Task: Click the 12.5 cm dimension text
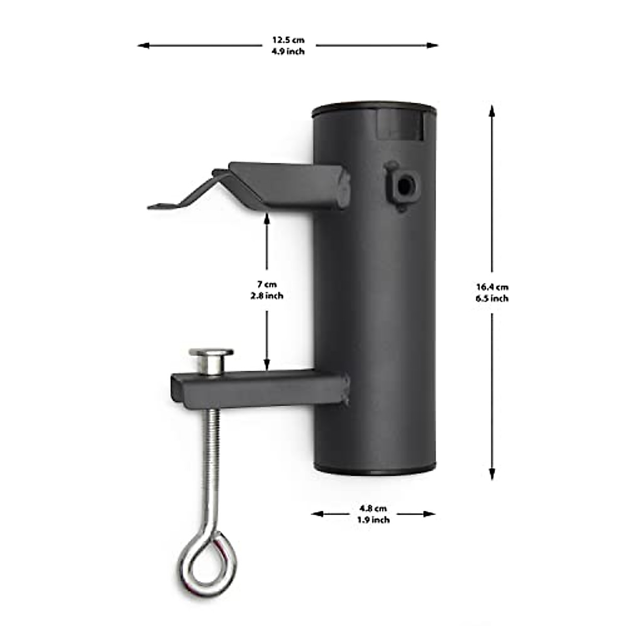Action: (x=287, y=40)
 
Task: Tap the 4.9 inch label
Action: (x=287, y=51)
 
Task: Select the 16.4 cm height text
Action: (x=491, y=286)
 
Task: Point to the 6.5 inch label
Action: (x=491, y=298)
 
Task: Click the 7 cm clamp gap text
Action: (x=267, y=284)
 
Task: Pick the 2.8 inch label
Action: (x=267, y=296)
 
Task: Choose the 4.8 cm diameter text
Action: (x=373, y=508)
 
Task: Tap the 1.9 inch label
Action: (x=373, y=520)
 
